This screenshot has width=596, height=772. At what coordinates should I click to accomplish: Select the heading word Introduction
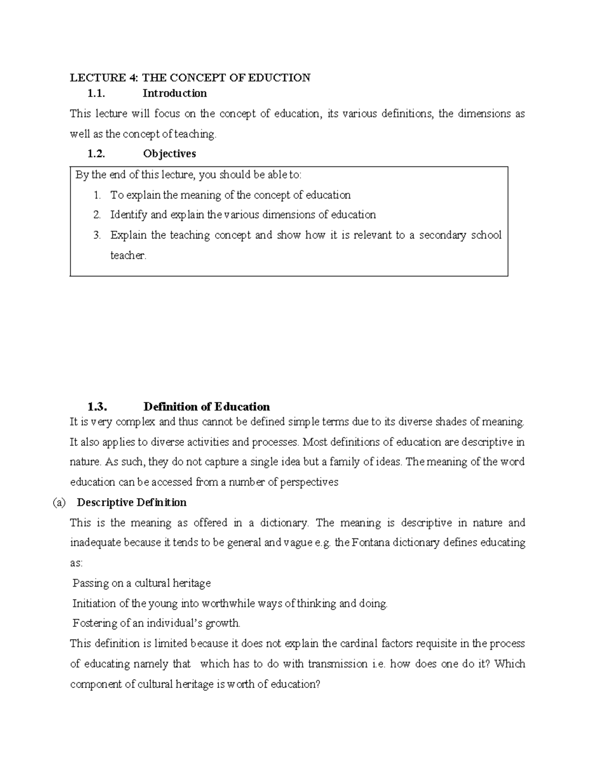174,93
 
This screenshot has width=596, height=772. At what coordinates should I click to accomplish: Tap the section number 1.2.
96,154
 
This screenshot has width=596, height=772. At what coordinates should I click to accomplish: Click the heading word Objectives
169,154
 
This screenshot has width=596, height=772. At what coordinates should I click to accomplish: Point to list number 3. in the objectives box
97,235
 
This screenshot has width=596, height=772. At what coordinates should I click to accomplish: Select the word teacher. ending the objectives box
128,256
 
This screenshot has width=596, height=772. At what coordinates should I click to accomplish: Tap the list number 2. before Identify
97,215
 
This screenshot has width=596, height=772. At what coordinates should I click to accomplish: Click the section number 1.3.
97,407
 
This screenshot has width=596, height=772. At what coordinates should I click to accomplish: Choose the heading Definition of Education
206,407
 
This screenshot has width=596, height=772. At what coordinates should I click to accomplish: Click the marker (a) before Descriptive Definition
59,503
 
